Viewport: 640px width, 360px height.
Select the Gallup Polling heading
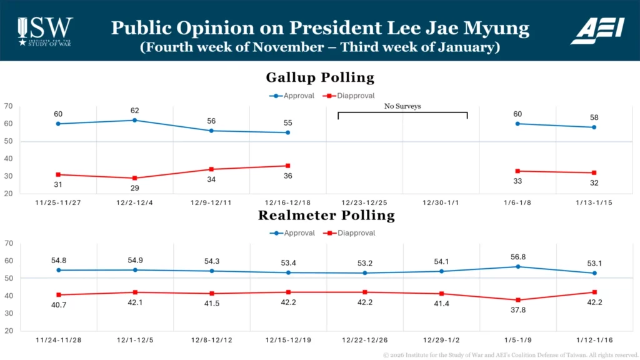pyautogui.click(x=320, y=77)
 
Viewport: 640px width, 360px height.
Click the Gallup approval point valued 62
pyautogui.click(x=134, y=120)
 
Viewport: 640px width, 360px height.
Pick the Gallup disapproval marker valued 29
pyautogui.click(x=134, y=178)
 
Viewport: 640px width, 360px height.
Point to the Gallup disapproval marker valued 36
pyautogui.click(x=287, y=166)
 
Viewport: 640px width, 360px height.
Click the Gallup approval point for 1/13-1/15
pyautogui.click(x=594, y=127)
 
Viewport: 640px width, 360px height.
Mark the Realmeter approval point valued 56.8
pyautogui.click(x=517, y=267)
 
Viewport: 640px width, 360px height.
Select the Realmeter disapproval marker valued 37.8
pyautogui.click(x=517, y=300)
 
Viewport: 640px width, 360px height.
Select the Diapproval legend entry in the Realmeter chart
pyautogui.click(x=353, y=233)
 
